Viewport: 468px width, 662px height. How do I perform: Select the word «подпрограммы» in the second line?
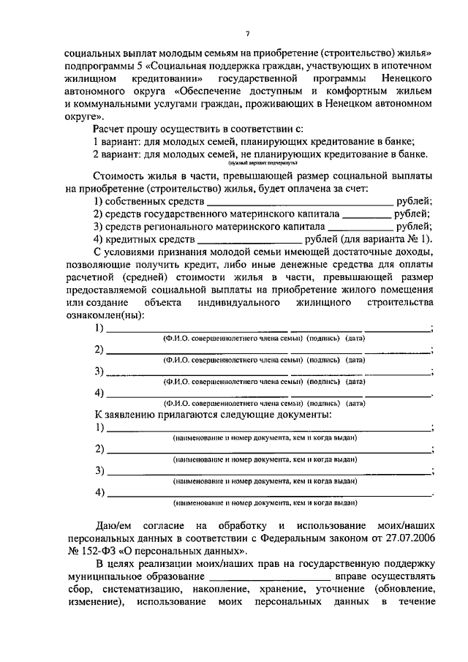click(98, 65)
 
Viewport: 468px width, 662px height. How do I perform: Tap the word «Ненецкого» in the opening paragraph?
click(401, 78)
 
